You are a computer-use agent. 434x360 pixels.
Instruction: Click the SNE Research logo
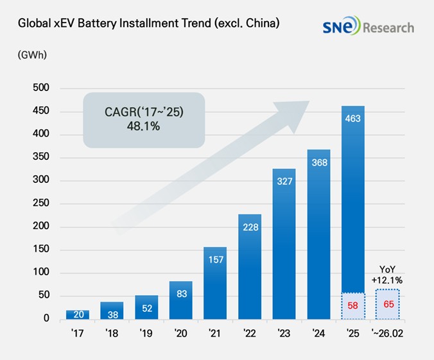[369, 27]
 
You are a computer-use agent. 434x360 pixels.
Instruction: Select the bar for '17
[78, 314]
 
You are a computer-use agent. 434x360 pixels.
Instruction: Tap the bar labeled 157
[216, 282]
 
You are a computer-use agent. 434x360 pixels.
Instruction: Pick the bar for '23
[284, 244]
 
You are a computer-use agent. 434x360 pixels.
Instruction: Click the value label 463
[353, 119]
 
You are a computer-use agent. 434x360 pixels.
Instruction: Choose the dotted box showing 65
[388, 304]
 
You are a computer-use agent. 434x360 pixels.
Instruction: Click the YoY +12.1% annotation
[388, 275]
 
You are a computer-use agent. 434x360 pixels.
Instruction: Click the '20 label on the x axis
[180, 334]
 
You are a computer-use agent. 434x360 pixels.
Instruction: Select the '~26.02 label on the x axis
[388, 334]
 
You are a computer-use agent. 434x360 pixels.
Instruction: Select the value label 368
[318, 162]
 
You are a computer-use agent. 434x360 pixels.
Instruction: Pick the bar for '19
[146, 307]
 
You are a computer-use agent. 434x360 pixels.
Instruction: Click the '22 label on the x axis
[250, 334]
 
